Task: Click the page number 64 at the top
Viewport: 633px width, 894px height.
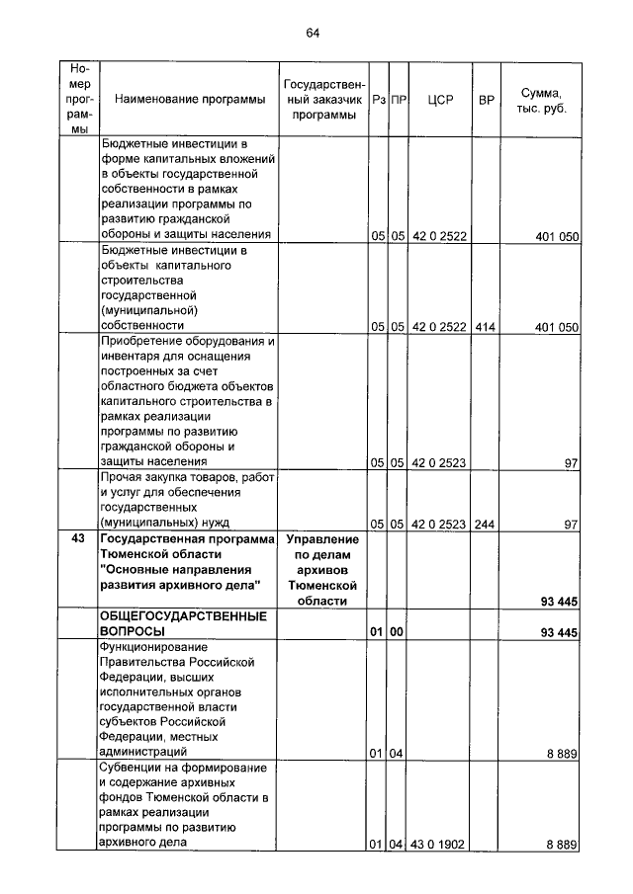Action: [x=314, y=33]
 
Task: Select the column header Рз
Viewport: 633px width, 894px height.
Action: [x=378, y=100]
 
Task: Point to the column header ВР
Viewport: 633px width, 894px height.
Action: [x=486, y=100]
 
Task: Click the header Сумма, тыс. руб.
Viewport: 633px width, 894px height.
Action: [x=541, y=99]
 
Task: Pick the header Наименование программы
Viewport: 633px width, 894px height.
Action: [x=190, y=100]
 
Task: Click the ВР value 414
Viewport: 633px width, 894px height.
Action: [x=485, y=326]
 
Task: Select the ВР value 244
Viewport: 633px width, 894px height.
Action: [x=485, y=525]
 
